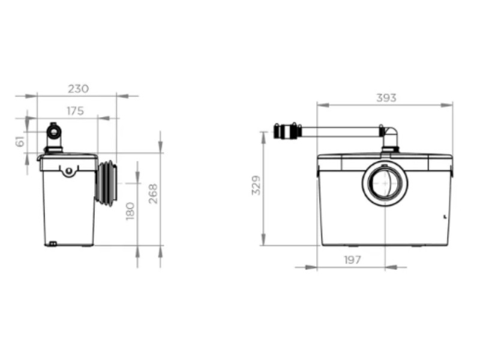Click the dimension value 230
tap(79, 89)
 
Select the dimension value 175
tap(76, 111)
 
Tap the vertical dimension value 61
tap(20, 142)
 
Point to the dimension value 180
tap(130, 211)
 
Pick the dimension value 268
tap(153, 194)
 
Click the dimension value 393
tap(386, 98)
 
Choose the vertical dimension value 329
tap(256, 185)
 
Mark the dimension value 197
tap(353, 260)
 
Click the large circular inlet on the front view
tap(385, 183)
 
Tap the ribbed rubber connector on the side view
tap(107, 183)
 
